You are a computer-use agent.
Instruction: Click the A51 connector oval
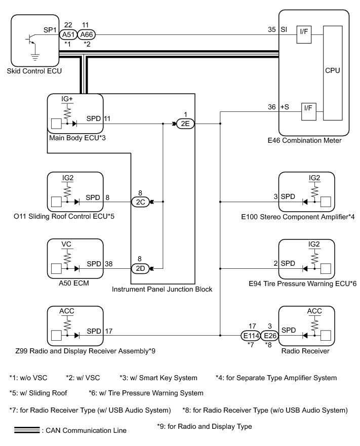coord(68,35)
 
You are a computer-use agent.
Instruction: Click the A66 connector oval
coord(86,35)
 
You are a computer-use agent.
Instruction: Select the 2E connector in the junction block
coord(185,124)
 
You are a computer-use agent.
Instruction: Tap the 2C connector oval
coord(140,202)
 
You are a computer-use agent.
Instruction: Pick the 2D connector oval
coord(140,268)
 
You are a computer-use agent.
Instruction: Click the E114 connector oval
coord(251,336)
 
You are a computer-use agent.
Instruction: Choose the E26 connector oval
coord(269,336)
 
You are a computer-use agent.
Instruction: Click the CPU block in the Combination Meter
coord(333,73)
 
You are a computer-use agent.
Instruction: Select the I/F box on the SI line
coord(304,35)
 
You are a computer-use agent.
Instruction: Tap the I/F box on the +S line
coord(308,112)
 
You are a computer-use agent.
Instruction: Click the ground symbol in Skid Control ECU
coord(35,57)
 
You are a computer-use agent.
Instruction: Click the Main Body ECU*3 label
coord(77,138)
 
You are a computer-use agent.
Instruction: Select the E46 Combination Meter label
coord(304,141)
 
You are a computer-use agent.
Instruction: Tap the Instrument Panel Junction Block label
coord(162,289)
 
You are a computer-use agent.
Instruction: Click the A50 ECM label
coord(74,283)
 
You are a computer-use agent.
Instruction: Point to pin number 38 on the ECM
coord(109,264)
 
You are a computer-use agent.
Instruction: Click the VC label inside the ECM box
coord(66,245)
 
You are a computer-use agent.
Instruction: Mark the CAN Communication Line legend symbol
coord(27,430)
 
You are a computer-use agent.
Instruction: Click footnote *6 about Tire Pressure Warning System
coord(146,393)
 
